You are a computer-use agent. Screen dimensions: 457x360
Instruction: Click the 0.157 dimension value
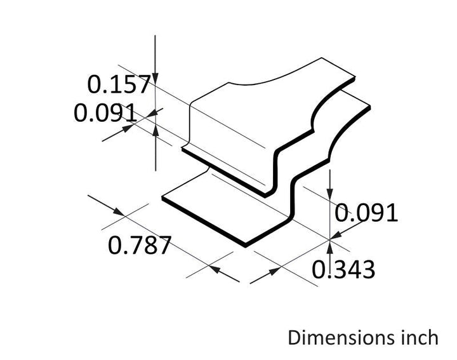(x=119, y=84)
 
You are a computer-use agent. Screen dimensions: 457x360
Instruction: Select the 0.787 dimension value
(x=139, y=245)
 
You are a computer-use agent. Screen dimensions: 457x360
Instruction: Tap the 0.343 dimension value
(x=343, y=270)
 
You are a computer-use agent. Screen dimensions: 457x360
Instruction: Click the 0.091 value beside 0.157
(x=105, y=112)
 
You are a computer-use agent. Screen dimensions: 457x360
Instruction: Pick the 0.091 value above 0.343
(x=366, y=213)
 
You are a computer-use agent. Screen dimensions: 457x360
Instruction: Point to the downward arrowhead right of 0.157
(x=155, y=79)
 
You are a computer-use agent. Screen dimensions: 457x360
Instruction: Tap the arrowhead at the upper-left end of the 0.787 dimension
(x=119, y=212)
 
